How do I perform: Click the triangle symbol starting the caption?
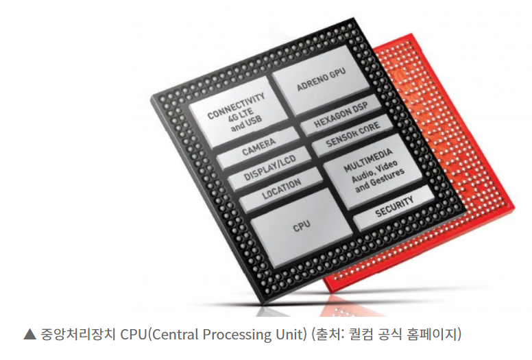29,335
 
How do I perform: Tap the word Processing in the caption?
236,335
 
